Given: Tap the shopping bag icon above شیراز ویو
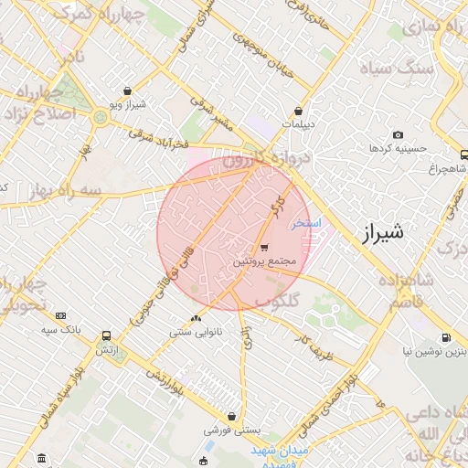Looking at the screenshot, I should [126, 91].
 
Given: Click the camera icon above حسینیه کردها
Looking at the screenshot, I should [398, 135].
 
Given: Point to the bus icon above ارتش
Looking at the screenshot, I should [107, 335].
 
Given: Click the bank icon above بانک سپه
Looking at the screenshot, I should [60, 314].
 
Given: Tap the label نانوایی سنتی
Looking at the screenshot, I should [193, 333].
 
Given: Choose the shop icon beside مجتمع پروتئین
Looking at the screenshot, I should [264, 248].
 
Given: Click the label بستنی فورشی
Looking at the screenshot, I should [232, 429].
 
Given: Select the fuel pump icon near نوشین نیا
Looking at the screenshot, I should [446, 336].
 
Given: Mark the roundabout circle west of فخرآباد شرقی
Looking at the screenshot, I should [99, 116].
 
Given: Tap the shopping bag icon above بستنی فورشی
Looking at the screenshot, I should [232, 416].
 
